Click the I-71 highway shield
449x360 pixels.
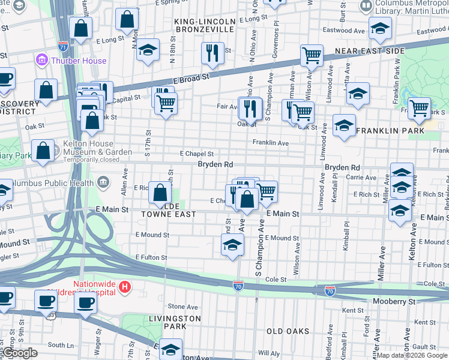[x=63, y=46]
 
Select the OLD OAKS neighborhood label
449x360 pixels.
[x=288, y=331]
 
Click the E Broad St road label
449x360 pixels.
[x=191, y=77]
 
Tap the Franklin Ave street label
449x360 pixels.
[x=270, y=143]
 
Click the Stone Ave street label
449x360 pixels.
[x=183, y=307]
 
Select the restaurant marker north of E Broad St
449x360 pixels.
[x=212, y=53]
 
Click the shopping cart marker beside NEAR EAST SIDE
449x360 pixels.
[x=312, y=56]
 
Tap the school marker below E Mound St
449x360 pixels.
[x=232, y=245]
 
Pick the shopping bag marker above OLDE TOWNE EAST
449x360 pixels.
[x=160, y=193]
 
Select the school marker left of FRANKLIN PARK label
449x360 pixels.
[x=344, y=126]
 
